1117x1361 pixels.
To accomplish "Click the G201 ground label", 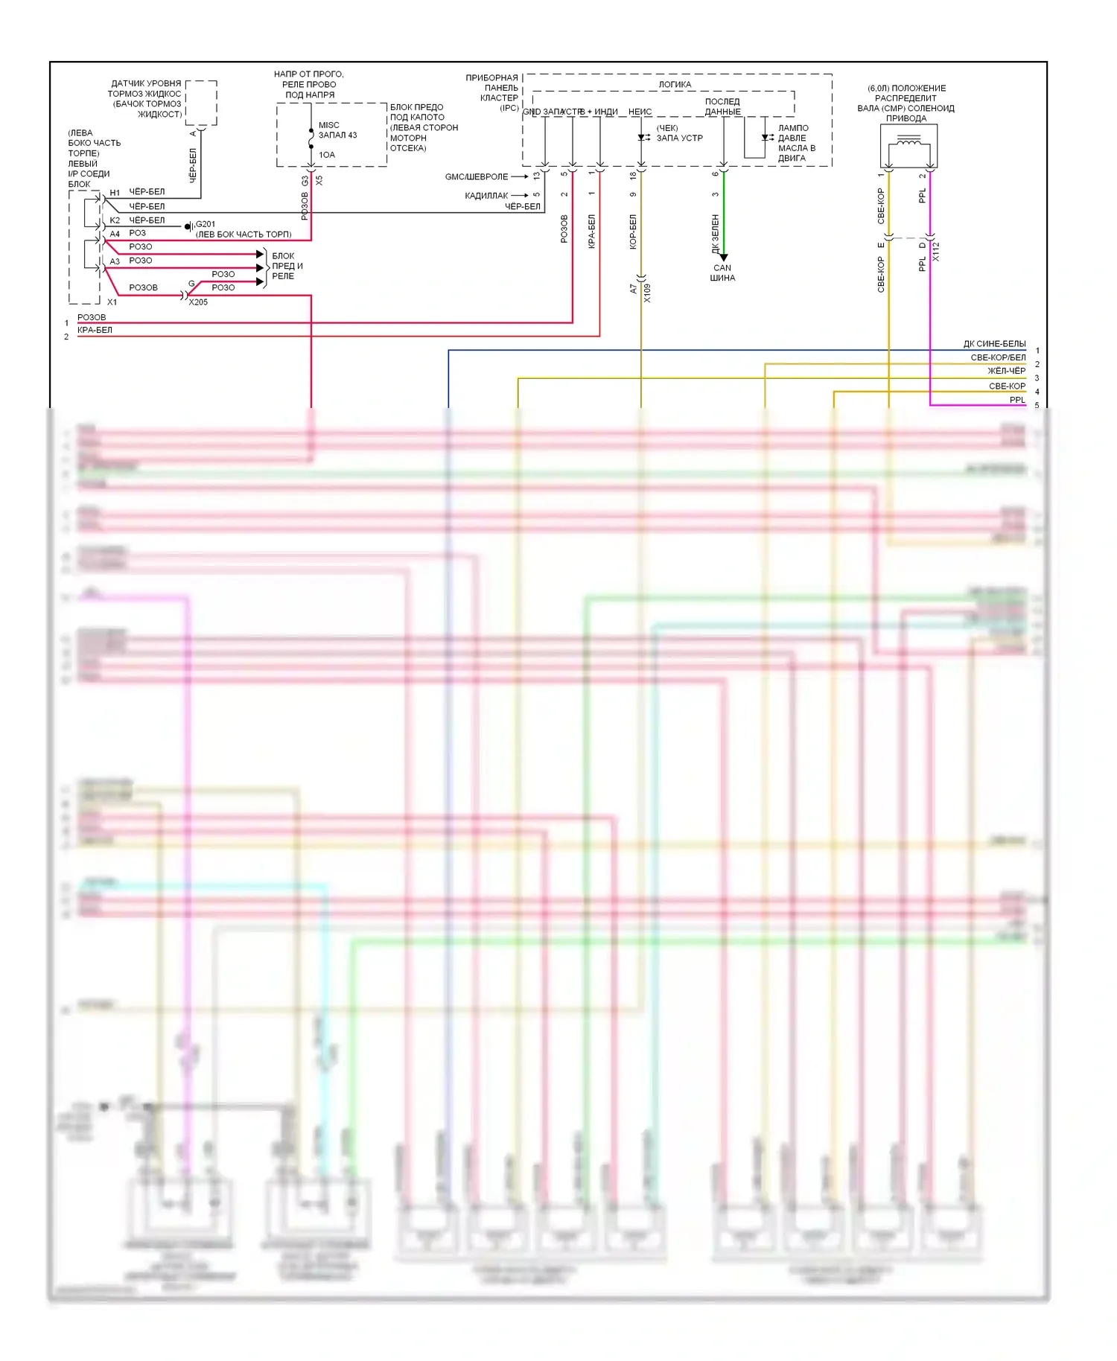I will (205, 224).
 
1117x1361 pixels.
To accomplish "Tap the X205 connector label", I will (198, 302).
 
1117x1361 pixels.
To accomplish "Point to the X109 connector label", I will (647, 293).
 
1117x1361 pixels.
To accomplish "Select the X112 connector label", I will (936, 252).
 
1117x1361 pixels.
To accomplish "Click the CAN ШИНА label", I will (722, 273).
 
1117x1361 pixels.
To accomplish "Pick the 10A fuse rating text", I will (327, 155).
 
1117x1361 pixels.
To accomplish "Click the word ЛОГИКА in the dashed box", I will (675, 84).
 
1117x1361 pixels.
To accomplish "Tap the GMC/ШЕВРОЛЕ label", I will (477, 177).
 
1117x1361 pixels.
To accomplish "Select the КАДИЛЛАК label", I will (486, 196).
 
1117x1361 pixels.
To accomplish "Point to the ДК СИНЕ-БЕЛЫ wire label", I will (994, 344).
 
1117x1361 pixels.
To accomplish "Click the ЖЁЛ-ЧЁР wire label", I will (1006, 371).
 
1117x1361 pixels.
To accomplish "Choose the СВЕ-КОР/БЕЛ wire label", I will (998, 357).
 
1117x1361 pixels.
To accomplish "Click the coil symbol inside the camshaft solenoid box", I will (908, 141).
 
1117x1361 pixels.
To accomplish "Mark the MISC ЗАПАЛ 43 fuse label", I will (337, 130).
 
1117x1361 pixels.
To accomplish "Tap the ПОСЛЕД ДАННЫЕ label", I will (722, 106).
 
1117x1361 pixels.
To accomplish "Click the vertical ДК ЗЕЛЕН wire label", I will (716, 234).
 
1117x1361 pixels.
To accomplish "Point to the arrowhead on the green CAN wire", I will (723, 258).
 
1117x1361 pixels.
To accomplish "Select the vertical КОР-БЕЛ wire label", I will (633, 232).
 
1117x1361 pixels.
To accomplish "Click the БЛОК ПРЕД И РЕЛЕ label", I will (287, 266).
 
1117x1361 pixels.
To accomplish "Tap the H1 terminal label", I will (115, 193).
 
